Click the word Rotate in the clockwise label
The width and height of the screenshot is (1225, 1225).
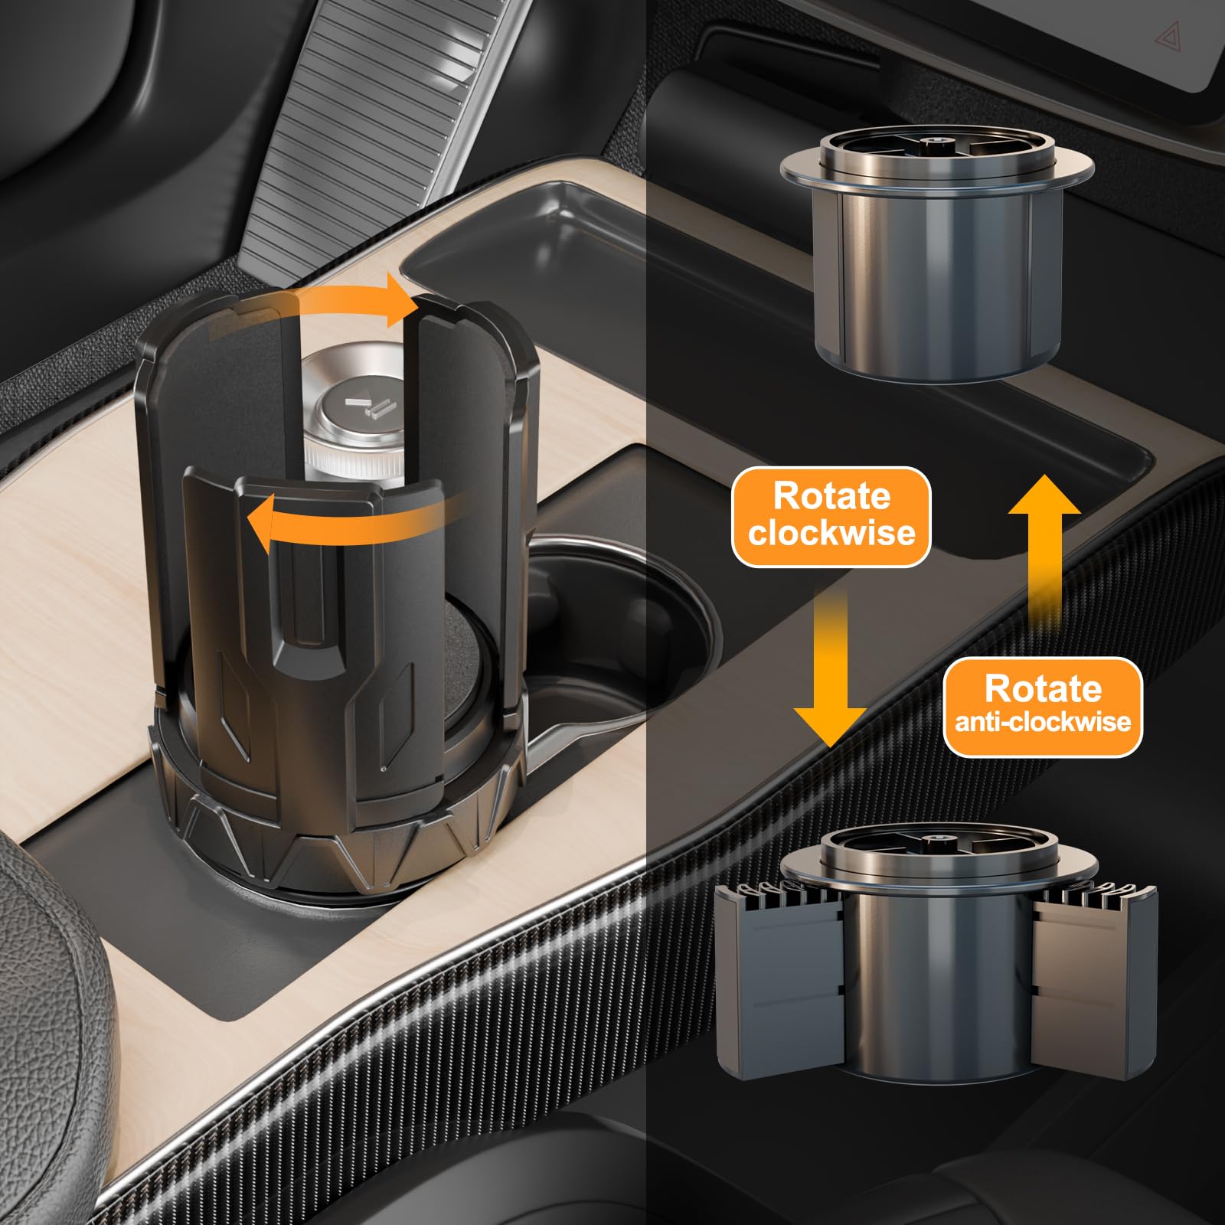tap(831, 495)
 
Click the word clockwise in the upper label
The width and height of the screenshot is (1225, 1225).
tap(831, 532)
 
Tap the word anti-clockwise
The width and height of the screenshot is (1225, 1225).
tap(1043, 721)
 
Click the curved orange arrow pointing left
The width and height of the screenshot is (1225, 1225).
tap(352, 521)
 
